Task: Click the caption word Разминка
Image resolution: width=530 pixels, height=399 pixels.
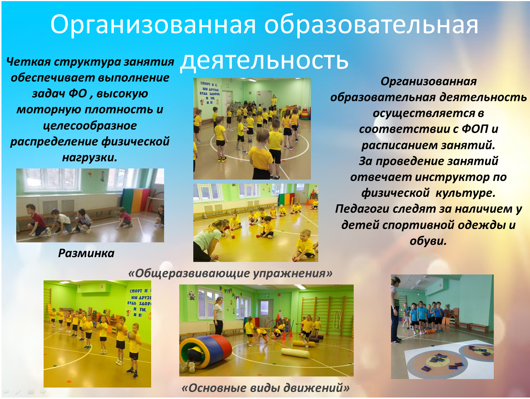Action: (x=86, y=253)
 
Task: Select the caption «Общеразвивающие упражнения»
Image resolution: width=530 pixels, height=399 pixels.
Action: (x=230, y=273)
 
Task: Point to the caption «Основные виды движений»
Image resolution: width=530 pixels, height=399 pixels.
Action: (x=266, y=388)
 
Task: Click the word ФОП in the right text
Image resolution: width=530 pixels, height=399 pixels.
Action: (x=475, y=129)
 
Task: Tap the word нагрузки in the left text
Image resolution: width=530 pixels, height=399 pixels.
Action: (x=89, y=158)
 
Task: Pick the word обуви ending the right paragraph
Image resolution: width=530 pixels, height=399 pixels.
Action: (x=428, y=241)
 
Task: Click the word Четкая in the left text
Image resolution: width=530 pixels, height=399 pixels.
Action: (x=28, y=62)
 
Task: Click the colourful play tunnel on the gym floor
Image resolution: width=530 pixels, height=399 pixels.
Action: (x=205, y=351)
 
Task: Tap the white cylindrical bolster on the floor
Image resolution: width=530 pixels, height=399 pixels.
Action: (x=295, y=353)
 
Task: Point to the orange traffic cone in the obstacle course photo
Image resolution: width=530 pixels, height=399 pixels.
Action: (x=284, y=334)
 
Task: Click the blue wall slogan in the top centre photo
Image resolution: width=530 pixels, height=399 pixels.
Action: (x=210, y=93)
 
